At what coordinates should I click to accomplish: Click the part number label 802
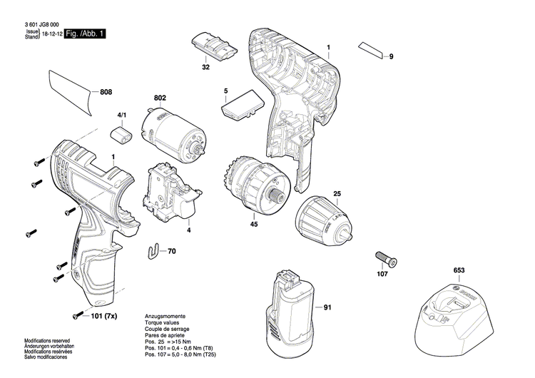point(160,98)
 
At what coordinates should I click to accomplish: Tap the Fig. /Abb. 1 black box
point(84,34)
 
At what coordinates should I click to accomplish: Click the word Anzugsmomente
point(165,315)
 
